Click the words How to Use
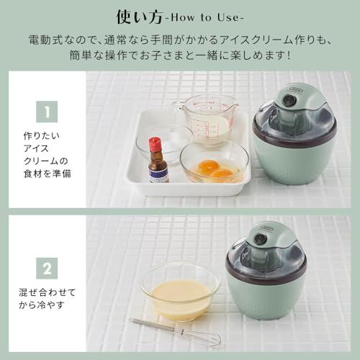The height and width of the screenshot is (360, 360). pyautogui.click(x=210, y=15)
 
